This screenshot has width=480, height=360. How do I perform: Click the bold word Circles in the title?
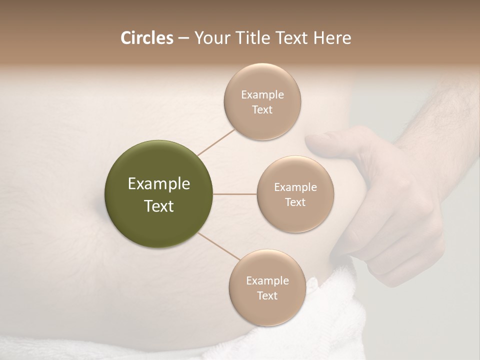pos(146,38)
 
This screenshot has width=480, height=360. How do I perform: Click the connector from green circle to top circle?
pos(216,141)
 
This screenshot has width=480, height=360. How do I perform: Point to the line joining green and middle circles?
pos(234,194)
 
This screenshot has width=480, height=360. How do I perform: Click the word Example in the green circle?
pos(158,184)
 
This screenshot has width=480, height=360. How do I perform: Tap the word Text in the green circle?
pos(158,206)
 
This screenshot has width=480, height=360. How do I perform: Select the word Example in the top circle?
pos(262,95)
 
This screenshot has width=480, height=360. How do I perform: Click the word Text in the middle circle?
pos(295,202)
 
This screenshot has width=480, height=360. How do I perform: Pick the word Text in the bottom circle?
pos(267,295)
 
